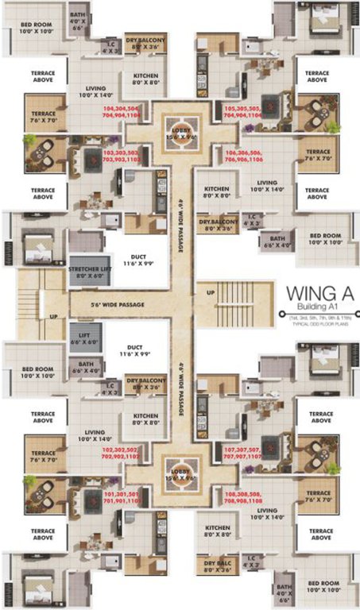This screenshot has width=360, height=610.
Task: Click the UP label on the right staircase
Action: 211,291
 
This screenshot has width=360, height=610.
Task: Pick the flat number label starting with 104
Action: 123,110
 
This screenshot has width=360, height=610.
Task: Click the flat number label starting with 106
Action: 246,153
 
